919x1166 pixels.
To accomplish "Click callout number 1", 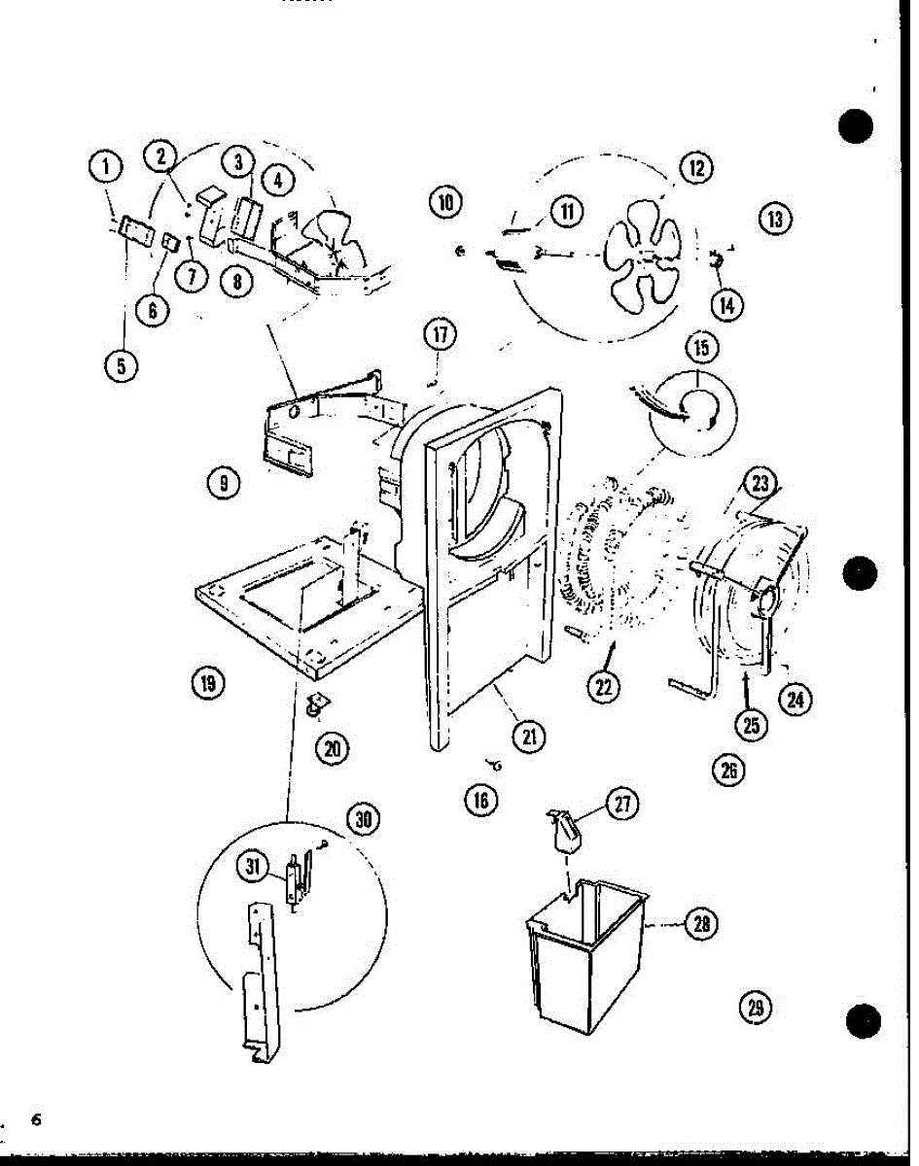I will tap(106, 167).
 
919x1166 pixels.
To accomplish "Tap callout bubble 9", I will tap(223, 481).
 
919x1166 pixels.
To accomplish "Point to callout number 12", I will tap(696, 168).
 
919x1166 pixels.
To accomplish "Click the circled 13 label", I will tap(775, 219).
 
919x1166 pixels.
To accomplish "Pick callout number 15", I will tap(700, 346).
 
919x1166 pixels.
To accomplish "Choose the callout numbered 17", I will tap(440, 335).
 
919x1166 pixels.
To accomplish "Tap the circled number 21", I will tap(528, 737).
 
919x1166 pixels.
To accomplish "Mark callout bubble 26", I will tap(726, 770).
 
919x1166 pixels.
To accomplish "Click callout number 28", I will tap(699, 924).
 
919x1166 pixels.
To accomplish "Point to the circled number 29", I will tap(755, 1008).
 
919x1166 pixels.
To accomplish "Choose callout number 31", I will tap(255, 868).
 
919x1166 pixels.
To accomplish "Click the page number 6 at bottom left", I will tap(36, 1119).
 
